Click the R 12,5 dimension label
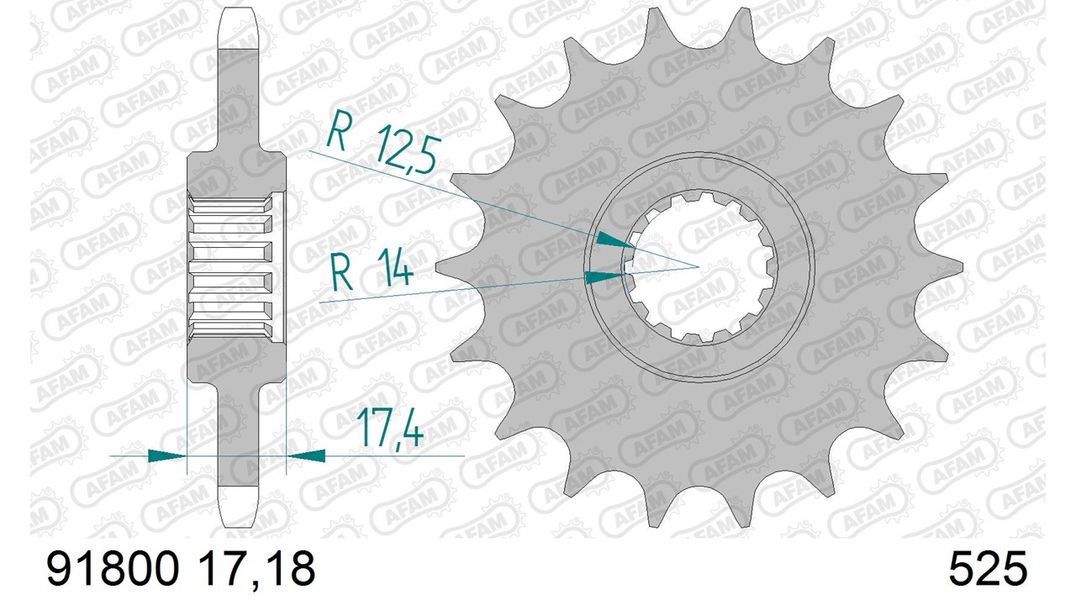coord(382,143)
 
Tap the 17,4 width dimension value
coord(389,429)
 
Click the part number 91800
coord(113,569)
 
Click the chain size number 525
coord(988,569)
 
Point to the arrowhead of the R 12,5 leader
coord(615,240)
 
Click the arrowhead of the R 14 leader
coord(604,276)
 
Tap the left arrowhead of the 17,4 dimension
coord(166,455)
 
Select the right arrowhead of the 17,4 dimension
coord(305,455)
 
